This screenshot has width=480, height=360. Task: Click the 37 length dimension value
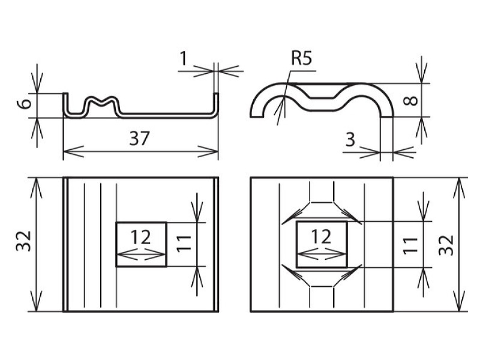click(139, 139)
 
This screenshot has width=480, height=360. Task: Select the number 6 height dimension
click(25, 103)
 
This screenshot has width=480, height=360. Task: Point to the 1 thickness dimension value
click(183, 59)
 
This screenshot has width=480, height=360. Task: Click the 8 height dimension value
click(410, 100)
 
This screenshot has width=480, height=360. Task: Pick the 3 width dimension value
click(350, 140)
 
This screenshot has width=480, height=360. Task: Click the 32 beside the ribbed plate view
click(24, 241)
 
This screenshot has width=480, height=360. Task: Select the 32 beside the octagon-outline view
click(446, 245)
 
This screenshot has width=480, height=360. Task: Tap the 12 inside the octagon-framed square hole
click(322, 236)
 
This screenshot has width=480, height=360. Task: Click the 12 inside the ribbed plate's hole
click(141, 237)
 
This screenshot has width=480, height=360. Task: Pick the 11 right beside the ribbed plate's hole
click(184, 244)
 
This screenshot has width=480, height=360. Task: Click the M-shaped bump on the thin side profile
click(101, 105)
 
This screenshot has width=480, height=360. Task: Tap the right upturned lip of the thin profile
click(215, 103)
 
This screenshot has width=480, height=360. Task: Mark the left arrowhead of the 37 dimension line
click(73, 151)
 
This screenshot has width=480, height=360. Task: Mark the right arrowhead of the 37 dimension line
click(208, 151)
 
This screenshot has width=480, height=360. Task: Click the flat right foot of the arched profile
click(386, 116)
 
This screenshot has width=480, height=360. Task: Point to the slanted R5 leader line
click(283, 98)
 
